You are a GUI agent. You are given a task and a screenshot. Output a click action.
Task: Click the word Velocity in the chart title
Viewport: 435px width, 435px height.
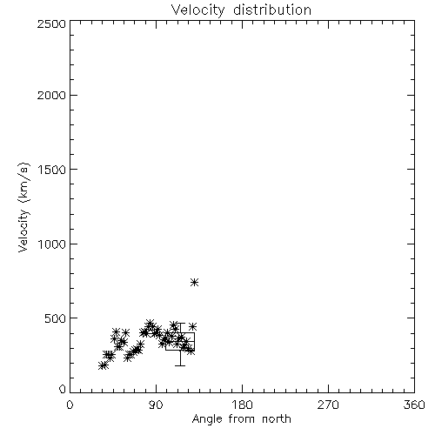click(197, 10)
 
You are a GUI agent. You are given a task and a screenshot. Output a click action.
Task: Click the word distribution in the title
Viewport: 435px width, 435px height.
click(272, 10)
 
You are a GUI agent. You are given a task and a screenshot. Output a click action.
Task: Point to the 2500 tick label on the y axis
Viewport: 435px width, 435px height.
click(51, 23)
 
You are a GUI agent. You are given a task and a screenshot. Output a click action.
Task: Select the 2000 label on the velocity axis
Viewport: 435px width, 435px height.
click(51, 95)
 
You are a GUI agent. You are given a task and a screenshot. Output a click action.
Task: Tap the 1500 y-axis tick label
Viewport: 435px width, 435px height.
click(52, 170)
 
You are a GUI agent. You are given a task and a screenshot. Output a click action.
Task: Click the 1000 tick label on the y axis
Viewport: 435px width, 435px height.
click(52, 244)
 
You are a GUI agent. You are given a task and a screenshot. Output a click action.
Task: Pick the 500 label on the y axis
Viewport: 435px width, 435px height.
click(56, 318)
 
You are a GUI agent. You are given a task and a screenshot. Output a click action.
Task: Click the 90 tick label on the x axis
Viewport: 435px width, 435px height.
click(156, 405)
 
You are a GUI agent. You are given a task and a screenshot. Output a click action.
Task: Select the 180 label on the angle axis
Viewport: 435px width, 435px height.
click(242, 405)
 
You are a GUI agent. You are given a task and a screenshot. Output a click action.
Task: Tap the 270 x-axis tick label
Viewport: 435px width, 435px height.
click(328, 405)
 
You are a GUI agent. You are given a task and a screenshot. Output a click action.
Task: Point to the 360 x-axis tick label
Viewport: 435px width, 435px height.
click(414, 405)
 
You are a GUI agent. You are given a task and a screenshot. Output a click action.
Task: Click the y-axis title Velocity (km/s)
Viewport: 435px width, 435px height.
click(23, 207)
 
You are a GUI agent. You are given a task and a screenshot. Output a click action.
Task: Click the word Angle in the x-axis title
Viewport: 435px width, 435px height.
click(207, 419)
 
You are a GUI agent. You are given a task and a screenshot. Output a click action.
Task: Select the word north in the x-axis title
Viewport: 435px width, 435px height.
click(277, 418)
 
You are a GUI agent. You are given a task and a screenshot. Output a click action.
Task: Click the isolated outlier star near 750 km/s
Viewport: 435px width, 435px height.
click(195, 282)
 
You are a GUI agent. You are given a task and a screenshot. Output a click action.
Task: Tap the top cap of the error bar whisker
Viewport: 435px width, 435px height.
click(180, 323)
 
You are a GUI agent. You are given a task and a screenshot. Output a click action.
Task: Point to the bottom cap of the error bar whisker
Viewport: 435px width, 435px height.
click(180, 365)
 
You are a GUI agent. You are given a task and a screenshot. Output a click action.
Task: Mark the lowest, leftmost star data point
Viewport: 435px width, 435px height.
click(102, 365)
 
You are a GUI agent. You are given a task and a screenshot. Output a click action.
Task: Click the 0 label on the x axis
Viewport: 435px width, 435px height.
click(70, 405)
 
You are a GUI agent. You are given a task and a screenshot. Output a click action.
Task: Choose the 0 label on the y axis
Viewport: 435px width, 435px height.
click(63, 389)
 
